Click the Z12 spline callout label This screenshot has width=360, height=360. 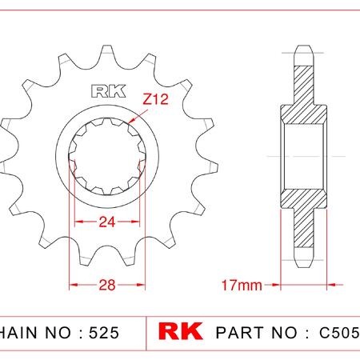(156, 99)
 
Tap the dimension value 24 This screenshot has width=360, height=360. (107, 222)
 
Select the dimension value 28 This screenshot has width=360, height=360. (107, 285)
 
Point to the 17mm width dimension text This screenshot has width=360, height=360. (242, 286)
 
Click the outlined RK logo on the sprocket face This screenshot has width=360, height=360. (109, 91)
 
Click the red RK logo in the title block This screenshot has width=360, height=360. (181, 331)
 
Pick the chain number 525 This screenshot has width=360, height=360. (104, 333)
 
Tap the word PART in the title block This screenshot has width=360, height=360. (240, 333)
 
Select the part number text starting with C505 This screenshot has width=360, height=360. (339, 333)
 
